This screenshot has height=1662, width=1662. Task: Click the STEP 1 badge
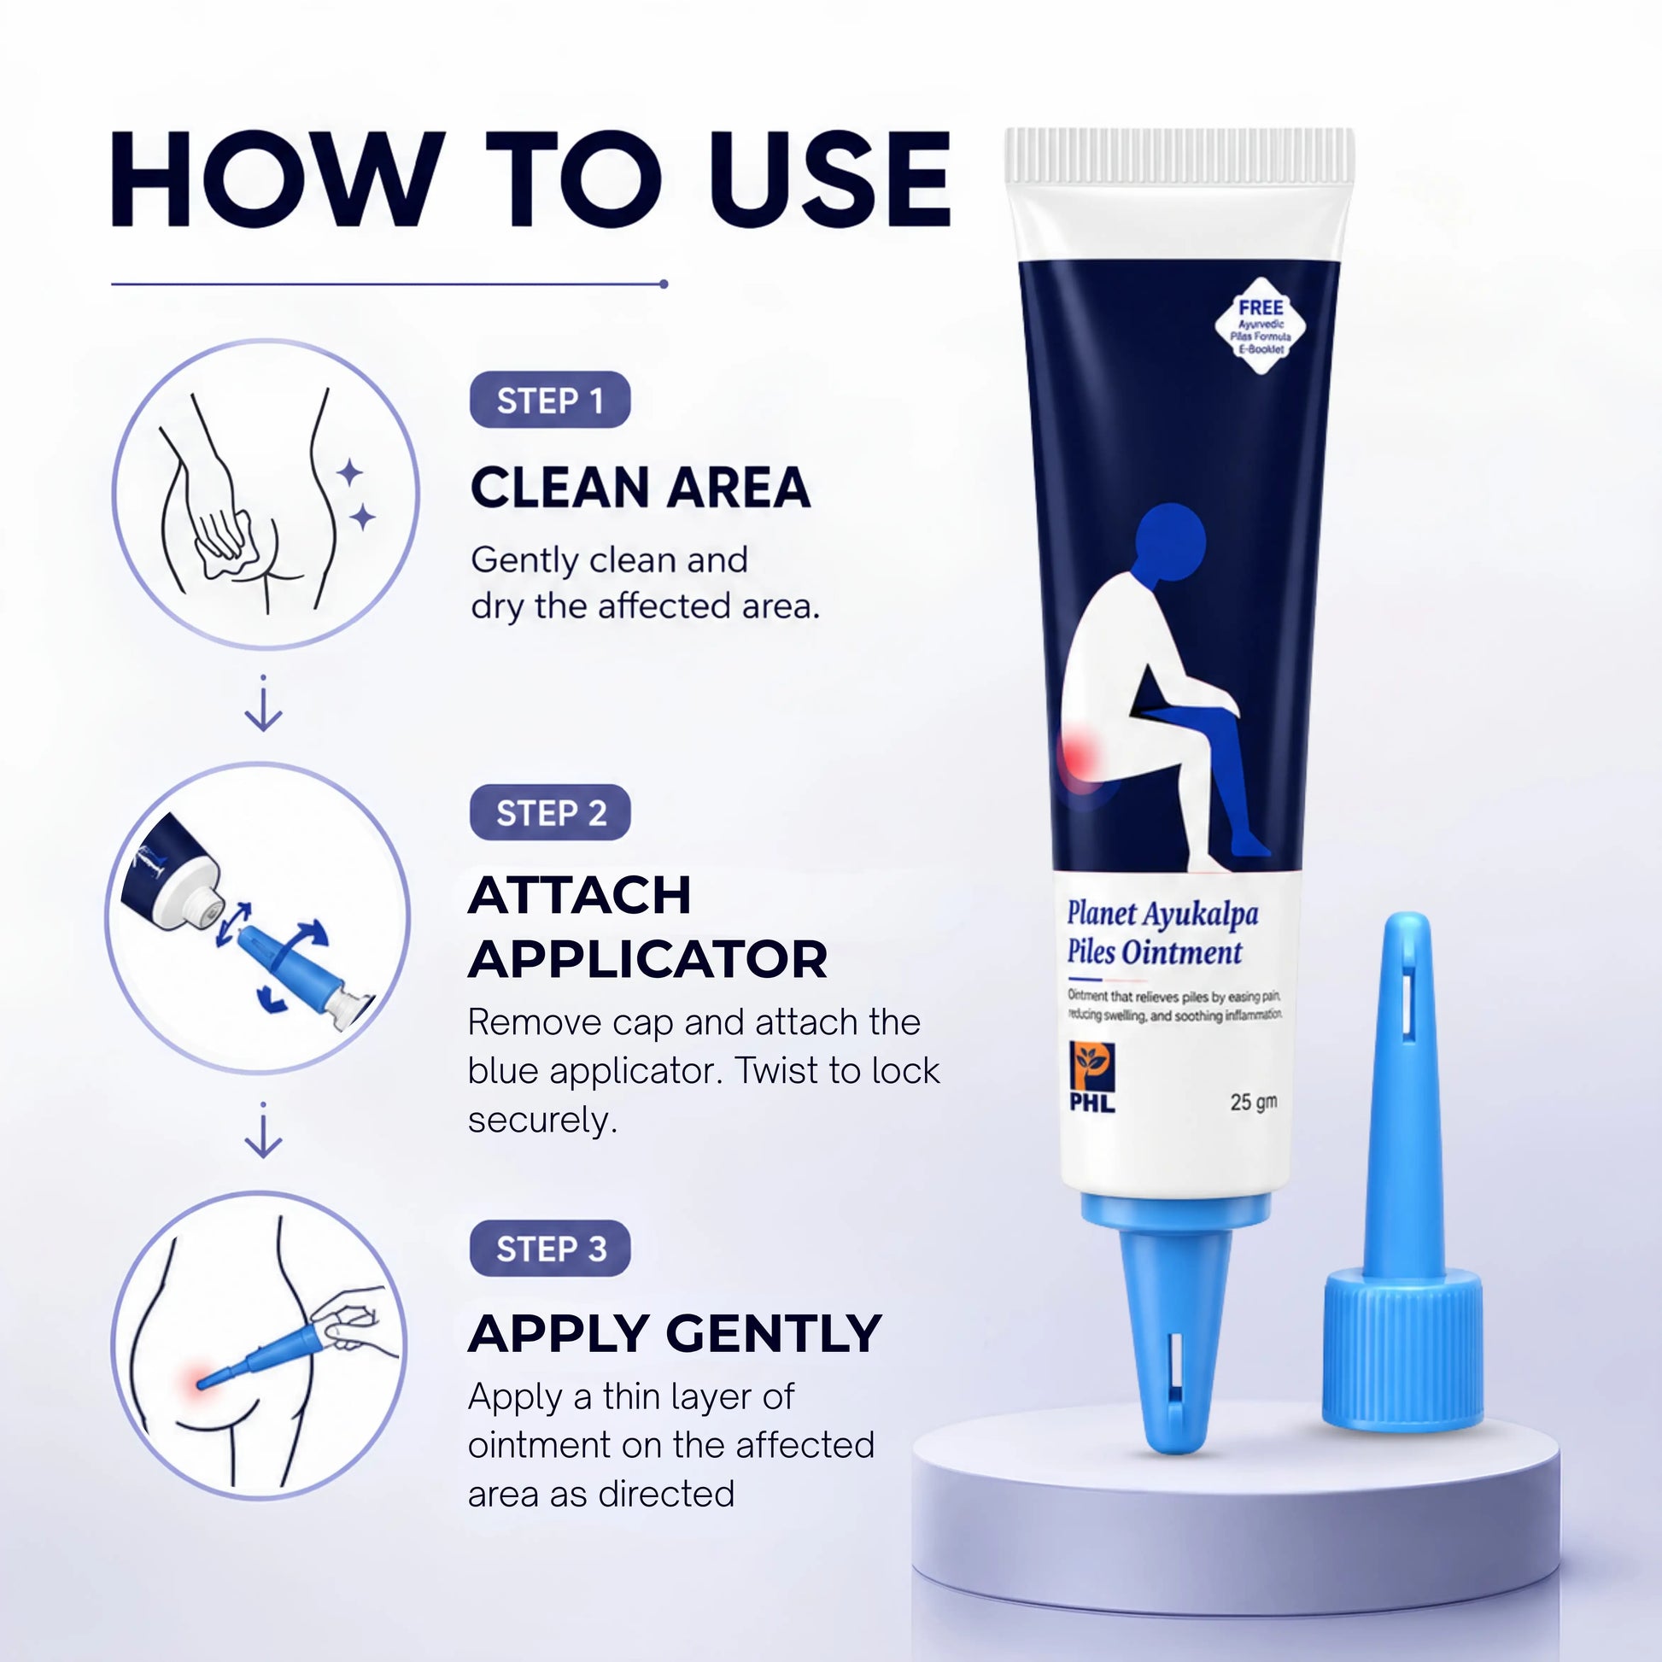coord(550,400)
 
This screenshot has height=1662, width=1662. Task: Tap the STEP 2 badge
coord(550,812)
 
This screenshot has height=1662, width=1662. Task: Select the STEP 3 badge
coord(550,1249)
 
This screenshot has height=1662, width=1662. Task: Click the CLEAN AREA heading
coord(640,488)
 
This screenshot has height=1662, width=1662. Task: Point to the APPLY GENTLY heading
coord(675,1333)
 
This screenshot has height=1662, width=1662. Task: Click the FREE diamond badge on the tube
coord(1261,326)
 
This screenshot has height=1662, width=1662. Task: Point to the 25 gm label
coord(1254,1102)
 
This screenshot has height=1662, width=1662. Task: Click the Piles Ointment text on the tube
coord(1155,952)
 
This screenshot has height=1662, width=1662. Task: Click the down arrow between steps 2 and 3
coord(263,1130)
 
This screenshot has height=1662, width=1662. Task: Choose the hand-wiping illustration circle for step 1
coord(265,493)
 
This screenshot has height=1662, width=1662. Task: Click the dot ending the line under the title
coord(664,284)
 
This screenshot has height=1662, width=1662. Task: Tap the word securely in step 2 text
coord(543,1120)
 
